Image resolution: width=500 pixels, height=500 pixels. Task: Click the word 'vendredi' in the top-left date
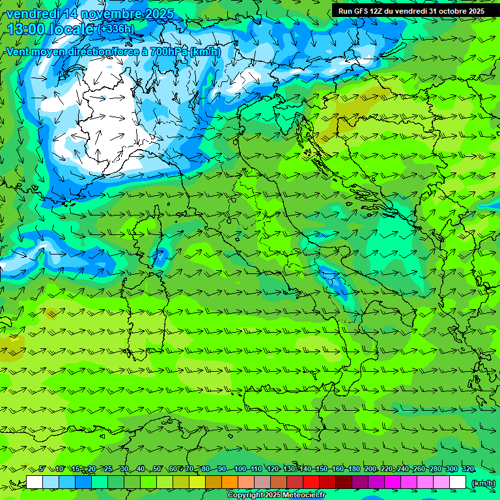tap(31, 14)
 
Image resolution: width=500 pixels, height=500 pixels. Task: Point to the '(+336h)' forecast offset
tap(116, 29)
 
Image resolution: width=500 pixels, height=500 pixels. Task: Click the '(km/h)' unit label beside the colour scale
tap(483, 483)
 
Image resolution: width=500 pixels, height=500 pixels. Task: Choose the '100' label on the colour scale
tap(240, 469)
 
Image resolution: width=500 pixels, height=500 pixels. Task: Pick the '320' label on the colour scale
tap(467, 469)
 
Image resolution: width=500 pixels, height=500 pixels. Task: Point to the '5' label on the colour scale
tap(42, 469)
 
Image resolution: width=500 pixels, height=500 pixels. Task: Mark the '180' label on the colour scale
tap(354, 469)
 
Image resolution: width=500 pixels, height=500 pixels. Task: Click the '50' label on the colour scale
tap(157, 469)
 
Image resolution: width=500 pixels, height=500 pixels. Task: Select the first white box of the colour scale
tap(35, 482)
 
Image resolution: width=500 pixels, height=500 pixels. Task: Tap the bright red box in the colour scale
tap(311, 482)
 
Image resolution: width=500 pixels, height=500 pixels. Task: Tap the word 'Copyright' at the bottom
tap(246, 495)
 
